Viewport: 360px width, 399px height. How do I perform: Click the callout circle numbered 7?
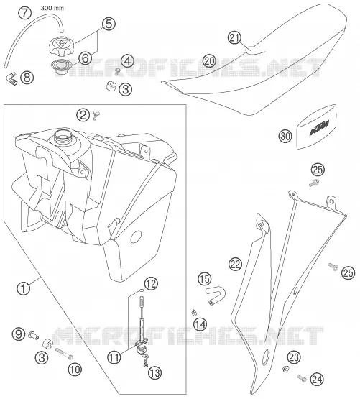[24, 13]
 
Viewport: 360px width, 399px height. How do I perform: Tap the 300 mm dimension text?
[52, 8]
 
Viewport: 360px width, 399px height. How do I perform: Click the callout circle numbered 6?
[85, 58]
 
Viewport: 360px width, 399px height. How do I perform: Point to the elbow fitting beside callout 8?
[11, 78]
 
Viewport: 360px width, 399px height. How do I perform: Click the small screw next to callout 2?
[96, 115]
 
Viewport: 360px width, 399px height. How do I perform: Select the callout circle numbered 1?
[24, 289]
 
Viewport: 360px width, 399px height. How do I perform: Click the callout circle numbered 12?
[151, 283]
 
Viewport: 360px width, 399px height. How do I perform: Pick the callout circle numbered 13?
[155, 373]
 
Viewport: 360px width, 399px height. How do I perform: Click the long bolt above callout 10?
[64, 354]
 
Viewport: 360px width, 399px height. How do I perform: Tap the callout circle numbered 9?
[19, 334]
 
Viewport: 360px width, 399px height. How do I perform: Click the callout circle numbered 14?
[200, 324]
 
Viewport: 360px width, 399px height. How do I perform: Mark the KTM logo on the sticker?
[319, 128]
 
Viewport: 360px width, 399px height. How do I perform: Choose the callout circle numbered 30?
[285, 137]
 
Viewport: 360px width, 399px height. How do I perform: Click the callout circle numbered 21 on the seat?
[234, 37]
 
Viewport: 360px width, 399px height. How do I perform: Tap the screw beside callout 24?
[302, 378]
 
